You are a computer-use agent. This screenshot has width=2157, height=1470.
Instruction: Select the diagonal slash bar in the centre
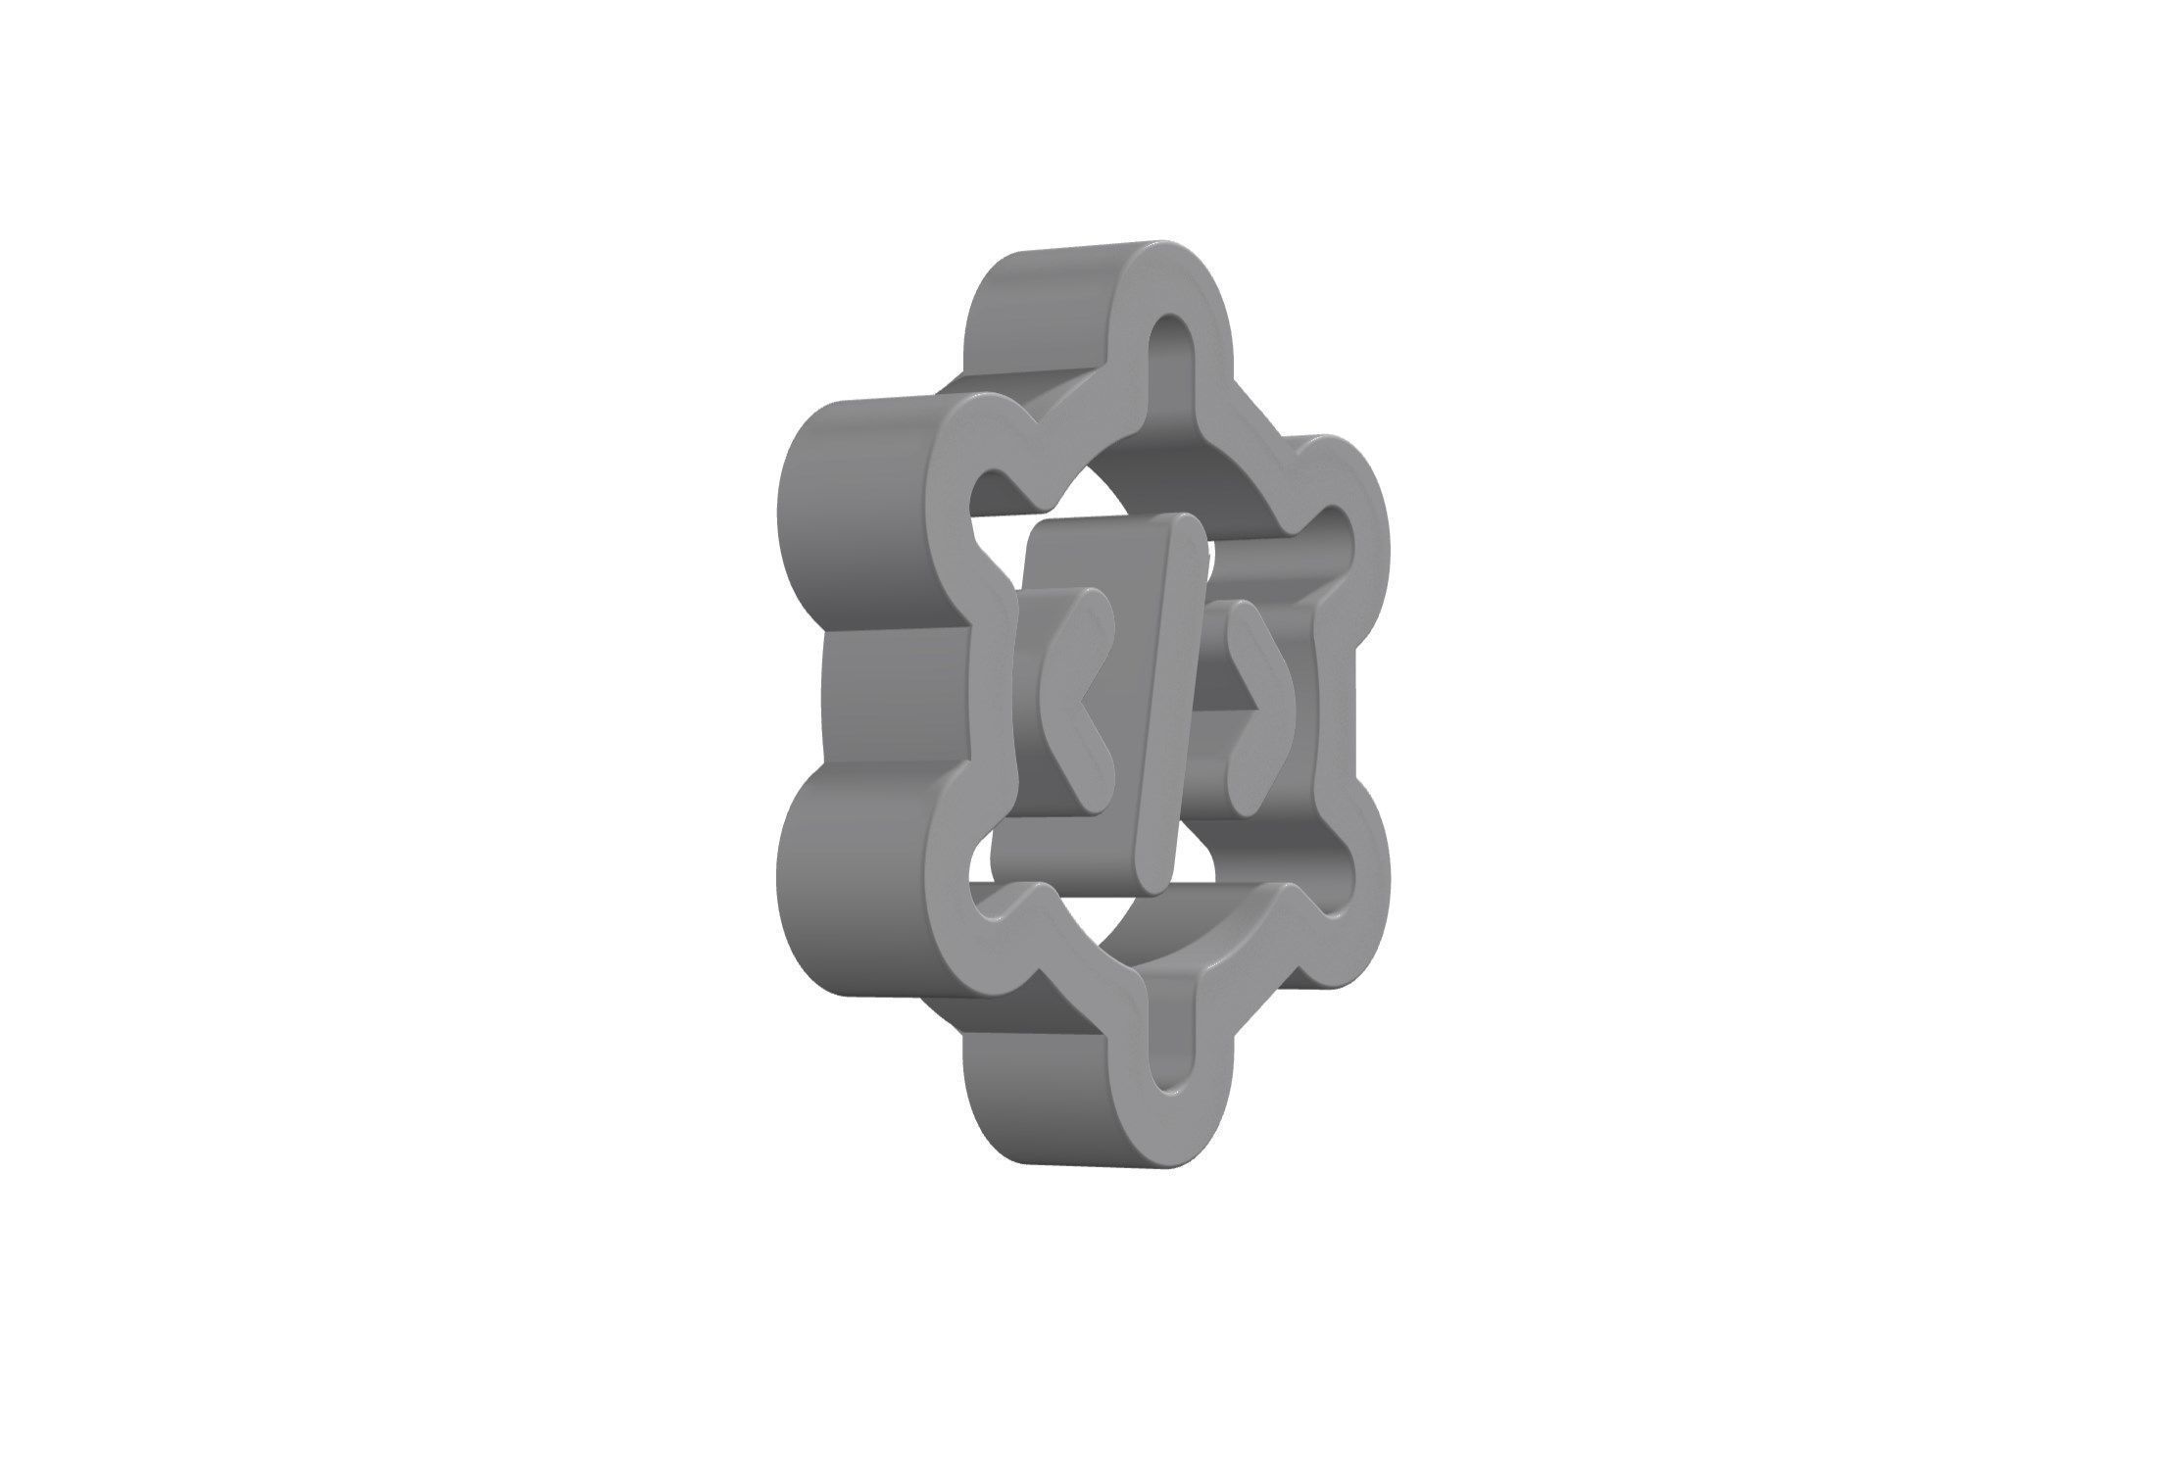click(x=1169, y=706)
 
